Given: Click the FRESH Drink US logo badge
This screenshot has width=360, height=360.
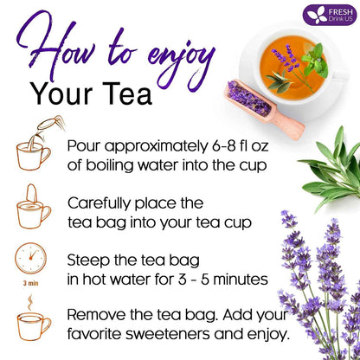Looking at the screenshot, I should [328, 15].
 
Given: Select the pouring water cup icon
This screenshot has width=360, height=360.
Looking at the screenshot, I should [33, 148].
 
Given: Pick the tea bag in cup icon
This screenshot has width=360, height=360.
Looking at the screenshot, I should [33, 208].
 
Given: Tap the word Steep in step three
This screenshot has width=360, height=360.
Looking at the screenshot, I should [92, 258].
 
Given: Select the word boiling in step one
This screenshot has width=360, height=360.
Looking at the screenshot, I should [107, 164].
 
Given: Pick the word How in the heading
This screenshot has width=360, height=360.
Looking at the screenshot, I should [53, 48].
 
